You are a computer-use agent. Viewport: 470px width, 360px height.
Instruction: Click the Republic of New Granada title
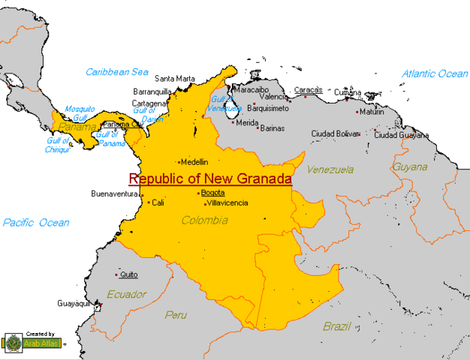point(210,179)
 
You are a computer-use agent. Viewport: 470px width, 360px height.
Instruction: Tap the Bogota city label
point(212,193)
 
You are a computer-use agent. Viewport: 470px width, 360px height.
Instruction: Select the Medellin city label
point(194,161)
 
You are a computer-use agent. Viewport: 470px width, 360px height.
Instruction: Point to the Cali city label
point(158,202)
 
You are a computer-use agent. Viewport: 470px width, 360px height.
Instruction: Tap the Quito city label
point(128,274)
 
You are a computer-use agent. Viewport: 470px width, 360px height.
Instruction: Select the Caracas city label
point(308,89)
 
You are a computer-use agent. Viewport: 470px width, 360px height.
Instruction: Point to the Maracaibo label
point(252,89)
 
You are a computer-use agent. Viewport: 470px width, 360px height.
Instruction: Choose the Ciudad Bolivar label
point(336,134)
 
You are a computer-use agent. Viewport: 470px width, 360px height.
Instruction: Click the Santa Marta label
point(175,78)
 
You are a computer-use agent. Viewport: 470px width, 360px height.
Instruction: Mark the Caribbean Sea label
point(117,72)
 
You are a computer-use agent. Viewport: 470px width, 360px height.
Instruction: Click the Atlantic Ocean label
point(435,73)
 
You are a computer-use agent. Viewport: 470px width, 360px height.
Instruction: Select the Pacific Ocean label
point(35,223)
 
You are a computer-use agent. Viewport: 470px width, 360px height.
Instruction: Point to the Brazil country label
point(337,326)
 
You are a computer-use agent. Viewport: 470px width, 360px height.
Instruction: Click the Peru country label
point(176,314)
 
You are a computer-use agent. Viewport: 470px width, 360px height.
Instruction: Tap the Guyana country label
point(411,166)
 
